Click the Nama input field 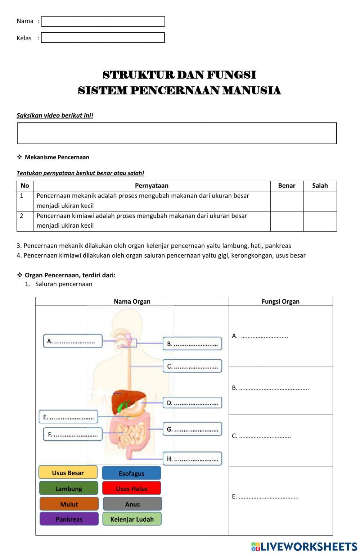coord(103,21)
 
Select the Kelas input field coord(103,38)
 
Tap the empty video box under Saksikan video coord(177,133)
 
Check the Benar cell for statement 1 coord(287,201)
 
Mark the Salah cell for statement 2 coord(320,221)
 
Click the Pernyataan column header coord(152,186)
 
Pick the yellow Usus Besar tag coord(68,473)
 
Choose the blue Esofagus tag coord(131,473)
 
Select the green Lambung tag coord(68,489)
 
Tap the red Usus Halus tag coord(131,489)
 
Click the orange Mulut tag coord(69,504)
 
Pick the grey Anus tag coord(132,504)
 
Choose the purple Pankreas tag coord(69,519)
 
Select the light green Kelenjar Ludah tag coord(132,519)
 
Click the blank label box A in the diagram coord(73,341)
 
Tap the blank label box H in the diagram coord(192,459)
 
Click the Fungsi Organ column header coord(280,301)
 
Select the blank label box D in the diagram coord(192,403)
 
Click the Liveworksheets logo coord(304,546)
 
